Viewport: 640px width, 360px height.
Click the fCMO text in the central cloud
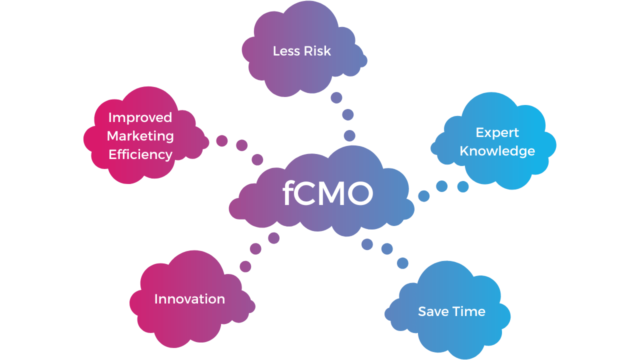coord(327,193)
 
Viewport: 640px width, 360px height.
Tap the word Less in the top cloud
coord(286,50)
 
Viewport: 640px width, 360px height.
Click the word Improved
coord(140,117)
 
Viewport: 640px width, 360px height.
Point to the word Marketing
coord(140,136)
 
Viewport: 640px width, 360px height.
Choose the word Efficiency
coord(140,154)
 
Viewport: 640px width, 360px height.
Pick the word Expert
coord(497,132)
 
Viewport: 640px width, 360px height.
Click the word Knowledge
coord(497,151)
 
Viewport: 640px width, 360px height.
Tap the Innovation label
coord(189,299)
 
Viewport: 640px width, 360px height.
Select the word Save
coord(433,311)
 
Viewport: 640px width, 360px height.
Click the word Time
coord(469,311)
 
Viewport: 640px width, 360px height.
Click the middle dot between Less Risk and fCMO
coord(347,115)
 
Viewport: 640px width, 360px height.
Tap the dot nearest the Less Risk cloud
coord(336,97)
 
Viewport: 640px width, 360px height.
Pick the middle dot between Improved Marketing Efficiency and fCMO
coord(241,145)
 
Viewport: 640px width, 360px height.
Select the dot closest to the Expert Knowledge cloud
coord(463,186)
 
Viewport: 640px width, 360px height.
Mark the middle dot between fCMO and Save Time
coord(386,248)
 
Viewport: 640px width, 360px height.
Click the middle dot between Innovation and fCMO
coord(255,248)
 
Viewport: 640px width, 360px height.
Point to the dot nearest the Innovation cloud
coord(245,266)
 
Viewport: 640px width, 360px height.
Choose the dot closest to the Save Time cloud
coord(402,263)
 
